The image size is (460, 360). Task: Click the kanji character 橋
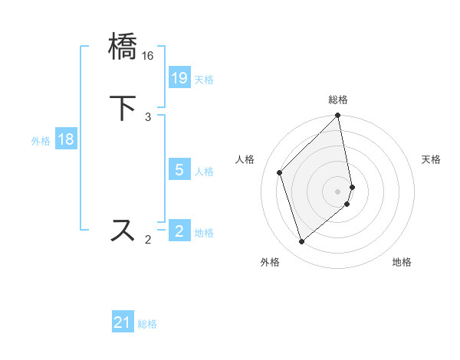click(123, 46)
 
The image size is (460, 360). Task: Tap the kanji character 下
click(123, 107)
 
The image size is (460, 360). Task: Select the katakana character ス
click(123, 230)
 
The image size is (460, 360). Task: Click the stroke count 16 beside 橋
click(148, 56)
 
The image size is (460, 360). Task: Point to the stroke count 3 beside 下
click(148, 116)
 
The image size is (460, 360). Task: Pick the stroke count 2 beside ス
click(148, 241)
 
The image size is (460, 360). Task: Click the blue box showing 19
click(179, 78)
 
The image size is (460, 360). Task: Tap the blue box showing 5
click(179, 170)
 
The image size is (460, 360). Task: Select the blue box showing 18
click(65, 139)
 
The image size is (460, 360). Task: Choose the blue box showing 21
click(123, 323)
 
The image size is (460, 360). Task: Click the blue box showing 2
click(179, 231)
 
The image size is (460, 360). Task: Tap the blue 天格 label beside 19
click(204, 80)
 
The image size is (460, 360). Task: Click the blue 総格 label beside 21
click(147, 325)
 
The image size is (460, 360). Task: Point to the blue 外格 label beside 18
click(41, 141)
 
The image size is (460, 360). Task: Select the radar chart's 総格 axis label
click(338, 100)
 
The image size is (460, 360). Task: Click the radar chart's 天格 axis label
click(431, 159)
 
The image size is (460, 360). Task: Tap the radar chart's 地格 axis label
click(402, 262)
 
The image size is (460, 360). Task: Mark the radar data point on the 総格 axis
click(338, 116)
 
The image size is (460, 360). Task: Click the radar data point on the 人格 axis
click(280, 172)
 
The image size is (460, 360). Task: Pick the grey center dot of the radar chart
click(338, 191)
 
